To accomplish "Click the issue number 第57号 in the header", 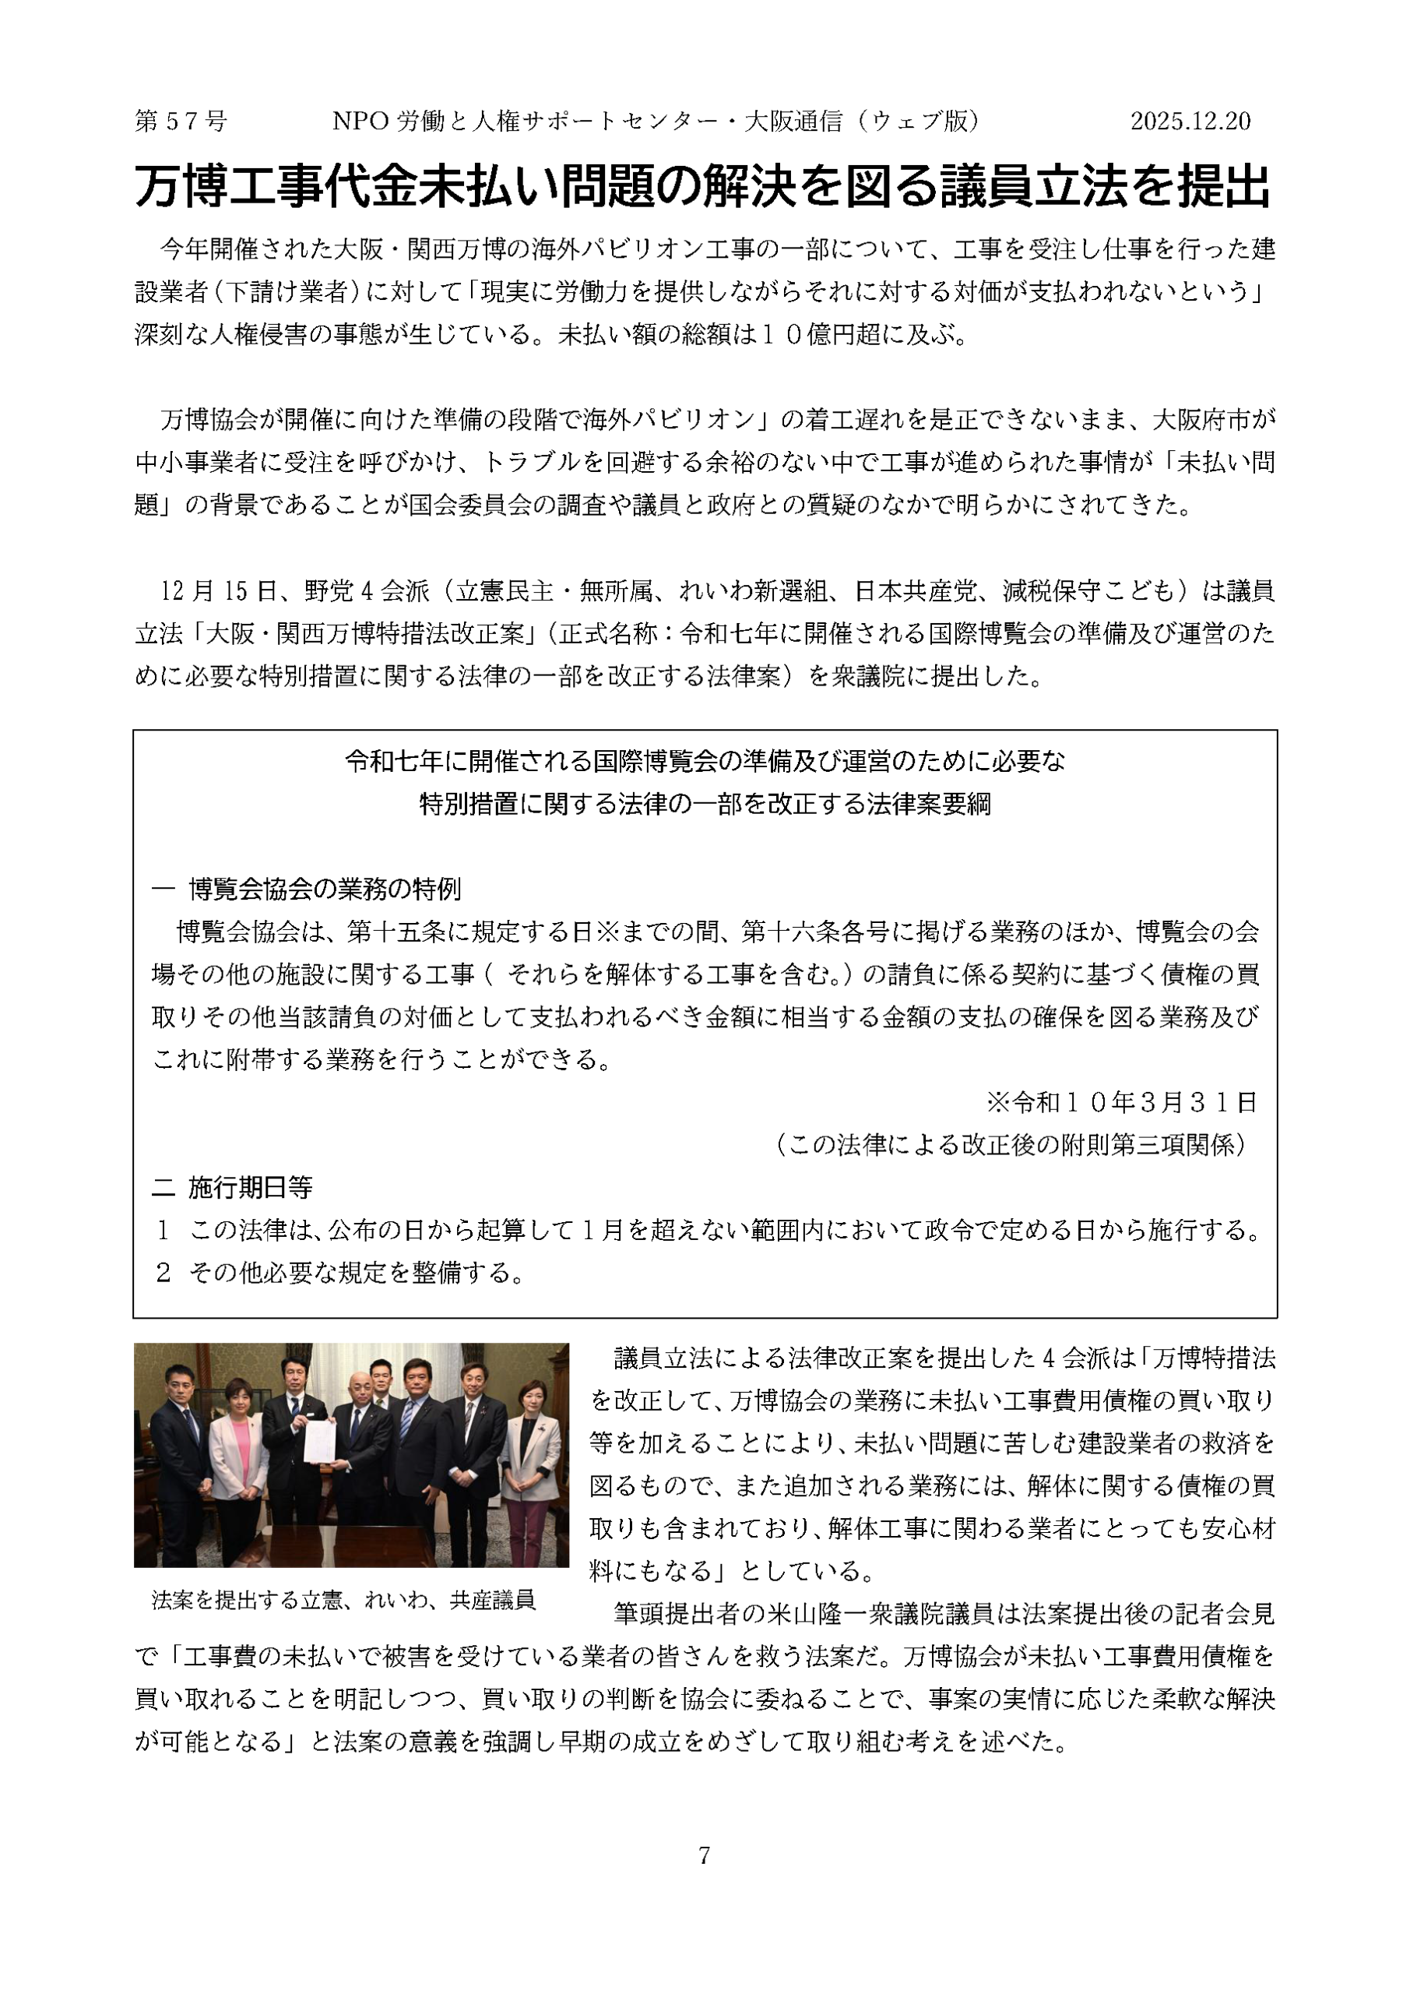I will point(181,122).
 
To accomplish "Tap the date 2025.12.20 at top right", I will point(1190,122).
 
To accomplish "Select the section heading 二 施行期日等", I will point(233,1187).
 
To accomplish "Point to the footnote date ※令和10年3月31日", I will point(1122,1103).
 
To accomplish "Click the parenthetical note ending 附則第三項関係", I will point(1011,1146).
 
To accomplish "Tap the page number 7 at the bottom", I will point(704,1855).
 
